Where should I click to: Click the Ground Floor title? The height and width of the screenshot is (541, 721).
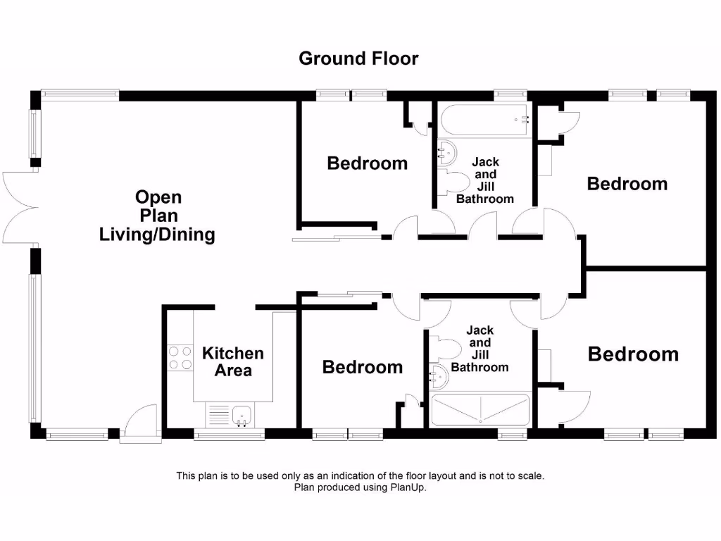click(x=358, y=58)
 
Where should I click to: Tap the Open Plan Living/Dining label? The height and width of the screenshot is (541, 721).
click(x=158, y=216)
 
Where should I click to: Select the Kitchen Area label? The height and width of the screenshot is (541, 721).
click(x=233, y=361)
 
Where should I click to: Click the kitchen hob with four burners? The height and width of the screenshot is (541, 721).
click(x=180, y=358)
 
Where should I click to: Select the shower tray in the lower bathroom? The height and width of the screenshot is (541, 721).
click(x=480, y=410)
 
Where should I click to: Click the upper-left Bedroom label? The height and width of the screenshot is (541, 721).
click(x=367, y=163)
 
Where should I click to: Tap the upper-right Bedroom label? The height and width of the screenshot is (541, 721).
click(x=627, y=184)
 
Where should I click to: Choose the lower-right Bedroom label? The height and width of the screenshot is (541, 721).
click(x=633, y=354)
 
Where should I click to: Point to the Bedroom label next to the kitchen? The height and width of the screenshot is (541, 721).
click(x=362, y=367)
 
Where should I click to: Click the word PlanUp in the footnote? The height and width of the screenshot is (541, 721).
click(x=408, y=487)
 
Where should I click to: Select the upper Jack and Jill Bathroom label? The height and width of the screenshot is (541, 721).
click(x=485, y=181)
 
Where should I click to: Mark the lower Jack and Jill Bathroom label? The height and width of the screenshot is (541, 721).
click(x=479, y=349)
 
